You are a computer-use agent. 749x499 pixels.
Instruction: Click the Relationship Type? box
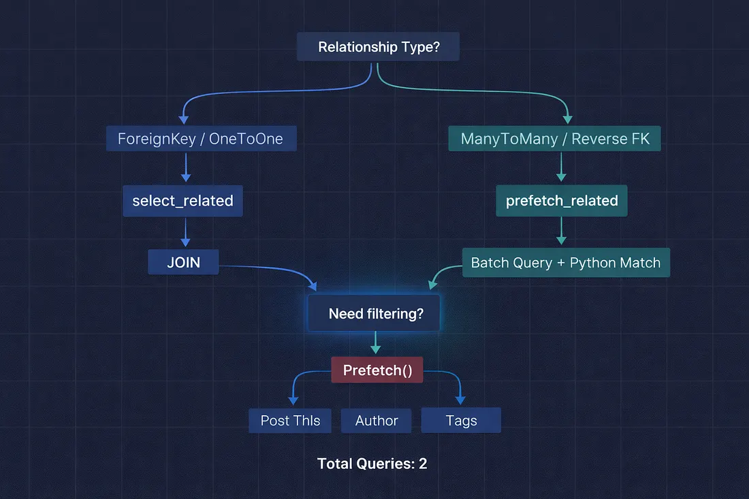click(x=378, y=48)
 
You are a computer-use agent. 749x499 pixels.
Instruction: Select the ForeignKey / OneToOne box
click(x=200, y=139)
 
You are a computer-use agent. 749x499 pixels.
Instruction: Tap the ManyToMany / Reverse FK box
click(x=555, y=139)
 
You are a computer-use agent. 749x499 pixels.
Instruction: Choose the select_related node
click(x=182, y=201)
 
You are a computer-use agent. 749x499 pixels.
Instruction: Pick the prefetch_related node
click(x=562, y=201)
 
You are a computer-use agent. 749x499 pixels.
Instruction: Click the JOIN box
click(x=184, y=262)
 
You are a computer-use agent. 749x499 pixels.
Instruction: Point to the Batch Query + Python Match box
click(x=566, y=263)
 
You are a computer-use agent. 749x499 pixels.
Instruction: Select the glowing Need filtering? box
click(x=375, y=314)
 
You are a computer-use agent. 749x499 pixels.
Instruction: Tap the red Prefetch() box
click(x=377, y=370)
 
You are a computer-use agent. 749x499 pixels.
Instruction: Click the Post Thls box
click(x=290, y=421)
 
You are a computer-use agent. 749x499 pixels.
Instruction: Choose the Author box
click(x=377, y=421)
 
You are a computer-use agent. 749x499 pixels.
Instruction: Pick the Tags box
click(x=461, y=421)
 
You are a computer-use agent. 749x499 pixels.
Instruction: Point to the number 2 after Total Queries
click(x=423, y=464)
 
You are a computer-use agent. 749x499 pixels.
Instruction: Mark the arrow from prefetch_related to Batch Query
click(x=561, y=232)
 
